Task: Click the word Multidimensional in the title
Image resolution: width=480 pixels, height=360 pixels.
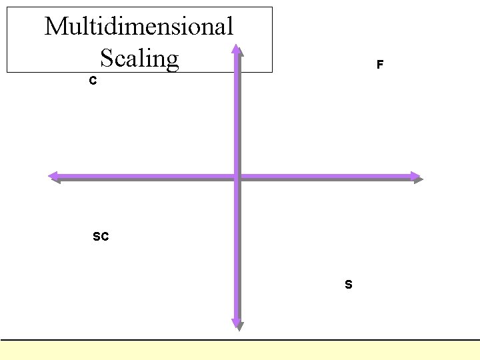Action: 139,27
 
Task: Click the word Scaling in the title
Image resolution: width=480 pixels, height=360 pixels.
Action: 139,59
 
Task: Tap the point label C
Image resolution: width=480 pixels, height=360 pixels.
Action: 93,81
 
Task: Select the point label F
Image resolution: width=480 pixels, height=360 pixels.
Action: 379,65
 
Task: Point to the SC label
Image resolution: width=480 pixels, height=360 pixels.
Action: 101,236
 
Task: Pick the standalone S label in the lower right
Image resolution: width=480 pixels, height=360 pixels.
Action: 349,285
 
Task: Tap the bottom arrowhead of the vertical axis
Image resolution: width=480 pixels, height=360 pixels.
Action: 237,325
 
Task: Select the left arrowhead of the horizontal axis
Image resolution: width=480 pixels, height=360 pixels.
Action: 53,177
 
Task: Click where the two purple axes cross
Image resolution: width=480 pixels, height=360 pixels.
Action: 237,177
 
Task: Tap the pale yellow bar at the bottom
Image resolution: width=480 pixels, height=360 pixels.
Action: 240,350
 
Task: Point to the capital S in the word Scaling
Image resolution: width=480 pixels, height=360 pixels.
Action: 107,59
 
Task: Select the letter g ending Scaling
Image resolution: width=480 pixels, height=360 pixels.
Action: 172,61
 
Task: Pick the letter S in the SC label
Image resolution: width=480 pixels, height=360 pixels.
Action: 97,236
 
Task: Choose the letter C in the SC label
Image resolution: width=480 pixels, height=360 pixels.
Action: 105,236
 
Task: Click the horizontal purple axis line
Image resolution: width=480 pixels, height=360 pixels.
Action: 147,177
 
